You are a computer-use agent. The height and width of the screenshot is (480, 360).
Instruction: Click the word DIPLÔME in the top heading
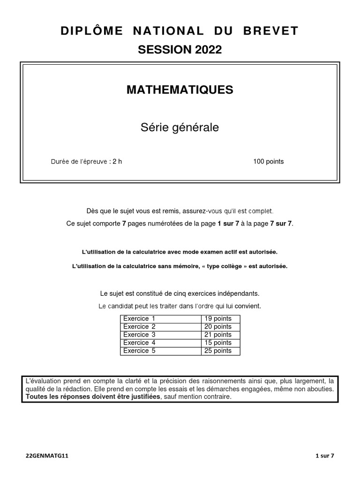pos(92,31)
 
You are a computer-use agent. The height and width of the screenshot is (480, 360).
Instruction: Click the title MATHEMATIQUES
pos(180,90)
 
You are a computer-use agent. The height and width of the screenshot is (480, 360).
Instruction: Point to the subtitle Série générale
pos(180,127)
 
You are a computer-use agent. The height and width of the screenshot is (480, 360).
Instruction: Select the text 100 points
pos(269,162)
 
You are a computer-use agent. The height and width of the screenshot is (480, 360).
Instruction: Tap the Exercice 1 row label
pos(139,319)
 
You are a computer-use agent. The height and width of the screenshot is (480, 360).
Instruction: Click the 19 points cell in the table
pos(218,319)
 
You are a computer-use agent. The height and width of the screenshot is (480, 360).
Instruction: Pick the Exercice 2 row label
pos(139,327)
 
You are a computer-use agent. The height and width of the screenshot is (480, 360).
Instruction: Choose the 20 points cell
pos(218,327)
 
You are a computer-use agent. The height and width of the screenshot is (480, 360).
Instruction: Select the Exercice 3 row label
pos(139,335)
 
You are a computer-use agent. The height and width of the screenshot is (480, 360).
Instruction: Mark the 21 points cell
pos(218,335)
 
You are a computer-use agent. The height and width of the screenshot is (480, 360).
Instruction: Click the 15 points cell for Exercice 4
pos(218,343)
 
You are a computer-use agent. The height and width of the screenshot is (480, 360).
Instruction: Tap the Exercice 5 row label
pos(139,351)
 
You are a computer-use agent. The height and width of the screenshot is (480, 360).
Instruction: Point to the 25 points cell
pos(218,351)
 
